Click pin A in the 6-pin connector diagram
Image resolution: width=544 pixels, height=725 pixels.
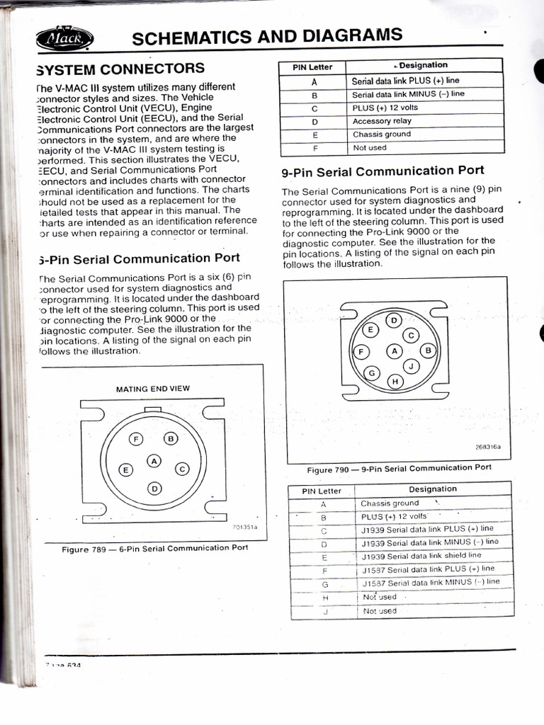pos(154,462)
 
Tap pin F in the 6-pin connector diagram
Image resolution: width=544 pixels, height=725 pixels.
pos(135,440)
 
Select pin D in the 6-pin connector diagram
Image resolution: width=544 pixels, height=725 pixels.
pos(154,488)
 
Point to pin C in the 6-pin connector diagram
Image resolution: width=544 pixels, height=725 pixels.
pos(181,468)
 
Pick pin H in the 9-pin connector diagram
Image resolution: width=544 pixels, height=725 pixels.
pos(395,382)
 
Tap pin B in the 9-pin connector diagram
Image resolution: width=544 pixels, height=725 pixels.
pos(428,350)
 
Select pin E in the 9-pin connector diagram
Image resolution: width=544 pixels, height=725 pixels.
pos(369,330)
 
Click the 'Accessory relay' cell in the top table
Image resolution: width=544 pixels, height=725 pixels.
pos(382,121)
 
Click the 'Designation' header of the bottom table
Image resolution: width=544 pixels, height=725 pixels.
pos(433,489)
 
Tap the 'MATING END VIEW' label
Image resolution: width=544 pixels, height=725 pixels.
pos(152,389)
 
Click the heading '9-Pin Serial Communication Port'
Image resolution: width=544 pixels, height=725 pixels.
pos(382,171)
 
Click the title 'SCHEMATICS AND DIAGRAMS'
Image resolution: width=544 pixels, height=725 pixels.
pos(267,36)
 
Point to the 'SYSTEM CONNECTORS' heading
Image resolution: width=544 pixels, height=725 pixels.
pos(120,69)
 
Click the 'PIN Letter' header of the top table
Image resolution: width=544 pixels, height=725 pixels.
pos(312,67)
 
